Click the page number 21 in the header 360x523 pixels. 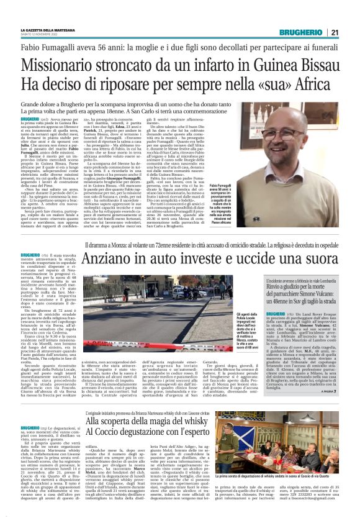[334, 32]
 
